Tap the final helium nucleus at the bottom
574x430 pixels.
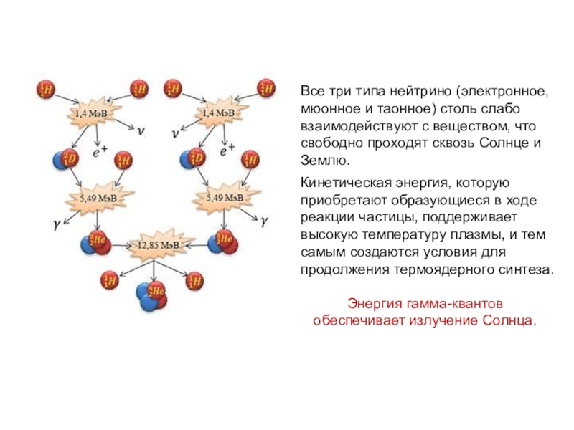tap(151, 295)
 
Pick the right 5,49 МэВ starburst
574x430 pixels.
tap(224, 197)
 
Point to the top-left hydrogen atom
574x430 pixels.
tap(45, 90)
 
